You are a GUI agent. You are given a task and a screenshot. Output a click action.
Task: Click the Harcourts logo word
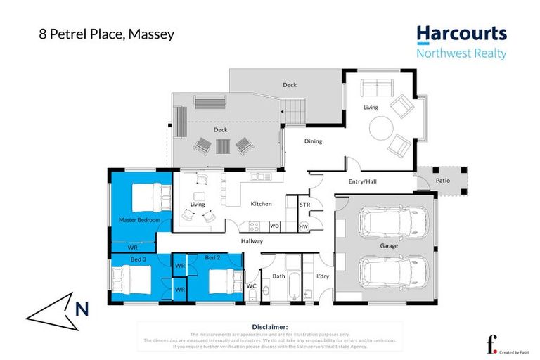tap(461, 34)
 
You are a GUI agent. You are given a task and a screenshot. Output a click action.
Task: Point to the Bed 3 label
tap(139, 259)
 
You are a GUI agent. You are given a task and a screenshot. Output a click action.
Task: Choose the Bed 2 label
tap(213, 258)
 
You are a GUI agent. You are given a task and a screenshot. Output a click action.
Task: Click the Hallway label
tap(252, 241)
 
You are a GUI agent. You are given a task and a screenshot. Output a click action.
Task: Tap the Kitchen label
tap(261, 204)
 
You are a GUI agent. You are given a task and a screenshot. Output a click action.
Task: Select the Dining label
tap(313, 141)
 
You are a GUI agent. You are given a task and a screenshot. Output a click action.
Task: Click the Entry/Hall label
tap(363, 181)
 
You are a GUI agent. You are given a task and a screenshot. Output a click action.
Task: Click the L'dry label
tap(323, 276)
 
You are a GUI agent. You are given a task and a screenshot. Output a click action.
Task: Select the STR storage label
tap(304, 205)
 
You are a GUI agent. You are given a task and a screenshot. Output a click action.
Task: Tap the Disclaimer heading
tap(269, 327)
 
